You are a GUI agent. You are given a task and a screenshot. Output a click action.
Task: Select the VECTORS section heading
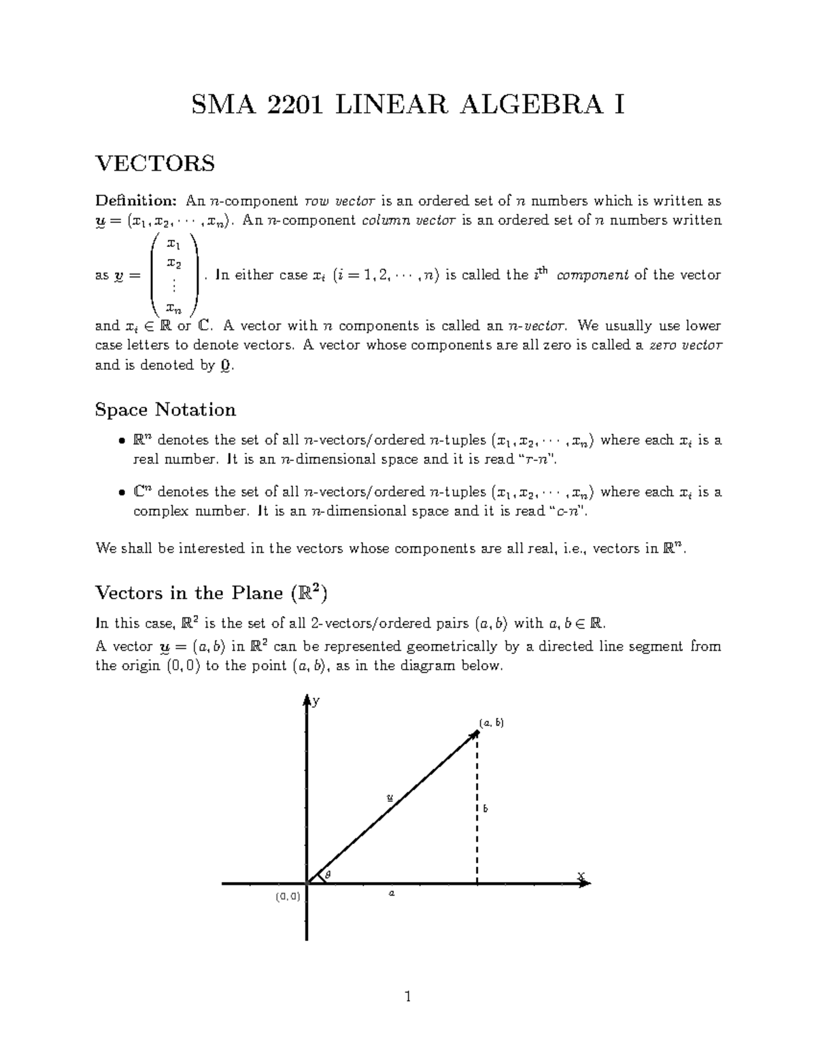[x=155, y=164]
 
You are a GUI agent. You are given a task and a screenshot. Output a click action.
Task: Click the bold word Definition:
[x=136, y=201]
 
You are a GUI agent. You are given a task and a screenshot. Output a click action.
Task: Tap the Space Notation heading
[x=165, y=410]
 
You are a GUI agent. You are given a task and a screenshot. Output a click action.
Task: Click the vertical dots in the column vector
[x=174, y=286]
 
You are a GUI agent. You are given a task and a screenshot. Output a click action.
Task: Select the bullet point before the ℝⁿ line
[x=121, y=441]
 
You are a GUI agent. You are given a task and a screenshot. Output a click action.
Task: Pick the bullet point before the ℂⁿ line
[x=121, y=493]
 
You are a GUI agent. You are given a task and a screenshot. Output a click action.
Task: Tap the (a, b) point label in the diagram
[x=491, y=723]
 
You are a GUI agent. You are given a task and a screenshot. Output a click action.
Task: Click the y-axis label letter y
[x=316, y=702]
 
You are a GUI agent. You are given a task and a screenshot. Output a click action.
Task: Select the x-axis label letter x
[x=581, y=876]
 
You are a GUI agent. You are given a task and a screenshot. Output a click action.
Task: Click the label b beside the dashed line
[x=486, y=809]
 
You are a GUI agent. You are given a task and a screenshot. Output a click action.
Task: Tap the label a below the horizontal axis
[x=391, y=893]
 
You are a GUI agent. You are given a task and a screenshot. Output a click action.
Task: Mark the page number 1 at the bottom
[x=407, y=998]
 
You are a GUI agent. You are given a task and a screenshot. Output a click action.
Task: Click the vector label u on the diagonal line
[x=389, y=797]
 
